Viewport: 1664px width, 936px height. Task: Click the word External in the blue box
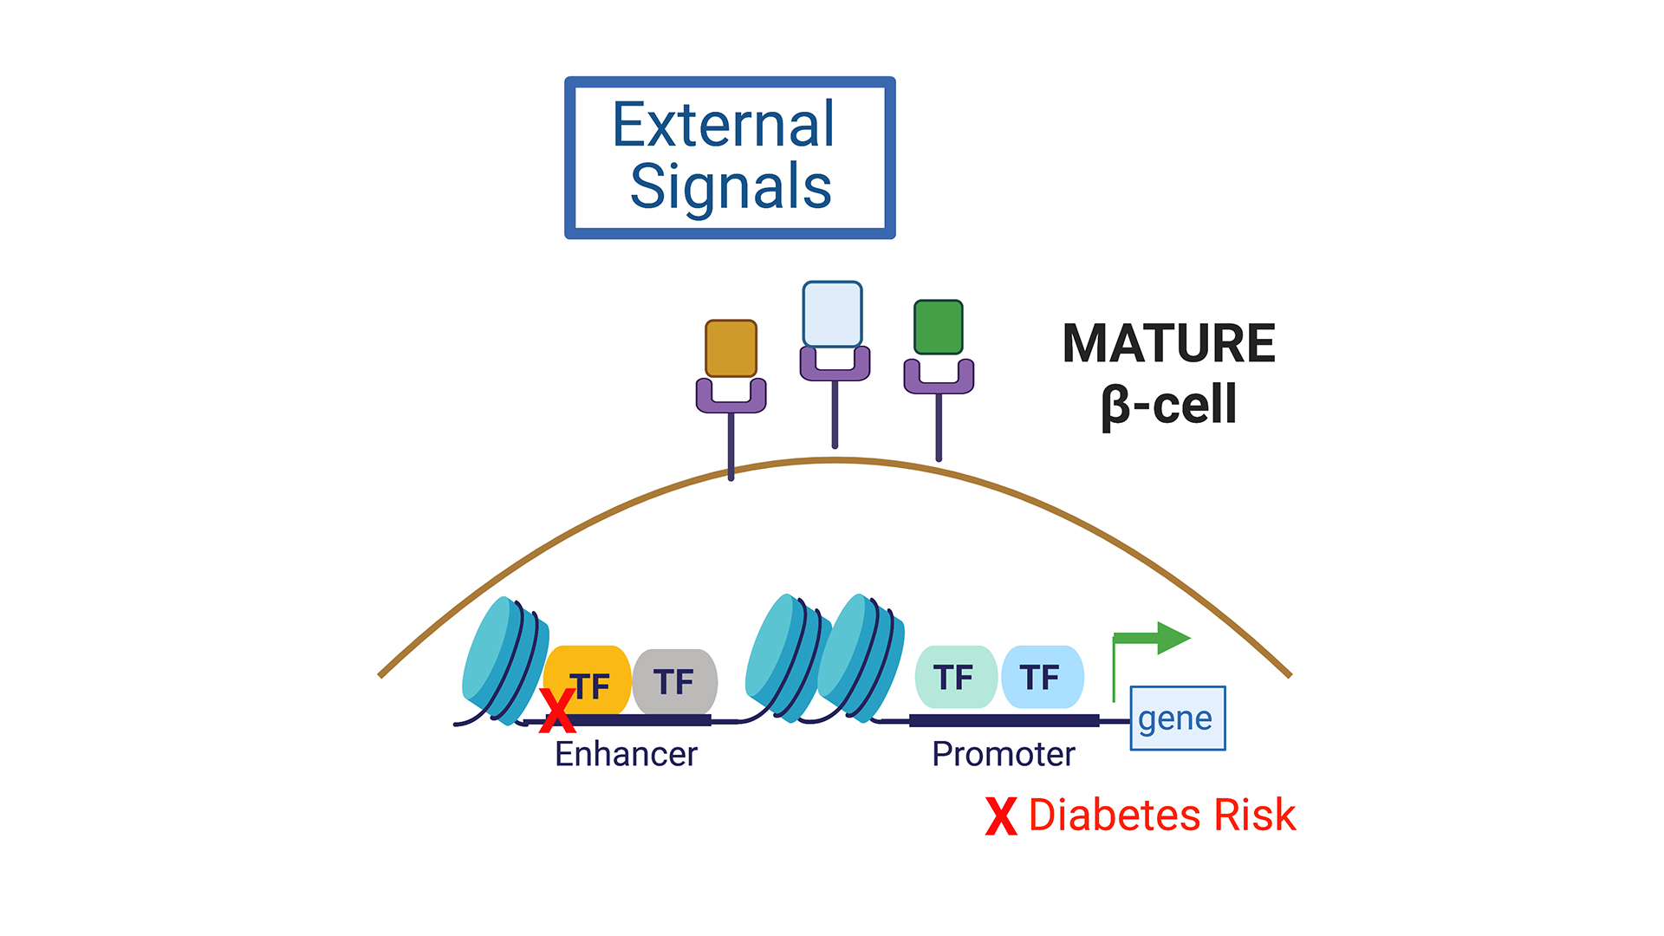723,125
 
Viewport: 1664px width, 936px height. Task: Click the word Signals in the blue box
731,187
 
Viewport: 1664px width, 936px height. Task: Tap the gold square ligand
731,348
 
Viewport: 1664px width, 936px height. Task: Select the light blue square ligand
832,314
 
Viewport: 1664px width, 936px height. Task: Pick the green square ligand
939,327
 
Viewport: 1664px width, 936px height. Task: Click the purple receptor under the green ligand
939,380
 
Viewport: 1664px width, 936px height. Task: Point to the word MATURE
1168,343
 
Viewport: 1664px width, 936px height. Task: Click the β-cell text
1168,405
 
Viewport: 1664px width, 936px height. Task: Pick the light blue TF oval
1042,677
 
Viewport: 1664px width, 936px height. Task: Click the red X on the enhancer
557,711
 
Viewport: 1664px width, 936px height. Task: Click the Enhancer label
626,754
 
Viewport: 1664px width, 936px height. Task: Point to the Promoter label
1003,754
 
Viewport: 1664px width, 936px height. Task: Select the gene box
1177,718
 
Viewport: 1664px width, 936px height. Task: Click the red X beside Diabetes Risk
1001,816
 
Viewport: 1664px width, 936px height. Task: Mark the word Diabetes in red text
1115,816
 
